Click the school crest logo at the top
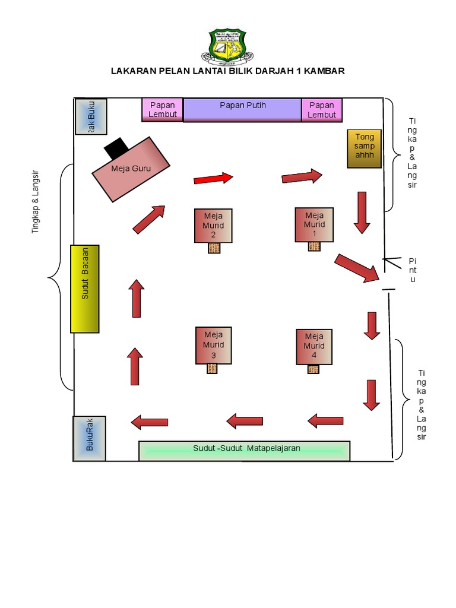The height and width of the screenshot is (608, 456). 227,45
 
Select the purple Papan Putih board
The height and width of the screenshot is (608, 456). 242,110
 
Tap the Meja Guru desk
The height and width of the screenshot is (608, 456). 131,169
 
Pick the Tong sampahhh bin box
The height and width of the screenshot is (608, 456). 364,148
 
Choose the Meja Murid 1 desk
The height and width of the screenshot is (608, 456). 314,224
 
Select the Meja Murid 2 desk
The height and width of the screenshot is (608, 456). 213,226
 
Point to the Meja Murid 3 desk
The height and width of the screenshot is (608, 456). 213,345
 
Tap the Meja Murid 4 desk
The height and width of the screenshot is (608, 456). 314,346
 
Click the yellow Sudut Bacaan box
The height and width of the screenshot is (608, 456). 85,289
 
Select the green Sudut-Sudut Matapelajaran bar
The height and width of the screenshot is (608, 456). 244,451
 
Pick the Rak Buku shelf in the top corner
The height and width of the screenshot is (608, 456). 91,116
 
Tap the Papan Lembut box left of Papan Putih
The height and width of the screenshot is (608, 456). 162,110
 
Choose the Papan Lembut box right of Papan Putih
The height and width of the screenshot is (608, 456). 322,110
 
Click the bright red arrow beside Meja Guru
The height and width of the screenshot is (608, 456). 213,178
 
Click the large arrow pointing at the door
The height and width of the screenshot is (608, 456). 357,268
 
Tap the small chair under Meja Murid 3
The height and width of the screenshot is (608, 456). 213,369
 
